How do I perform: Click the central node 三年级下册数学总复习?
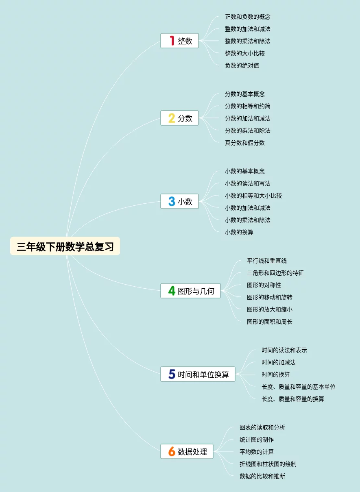(x=65, y=246)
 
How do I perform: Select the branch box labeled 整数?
(x=179, y=41)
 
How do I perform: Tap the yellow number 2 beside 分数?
(x=172, y=118)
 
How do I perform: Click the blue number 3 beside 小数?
(x=172, y=201)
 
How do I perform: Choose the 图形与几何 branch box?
(x=190, y=291)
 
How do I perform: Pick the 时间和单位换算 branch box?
(x=198, y=374)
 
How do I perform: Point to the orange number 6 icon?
(x=172, y=451)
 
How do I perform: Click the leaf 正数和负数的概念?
(x=247, y=17)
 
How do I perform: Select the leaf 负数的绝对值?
(x=242, y=65)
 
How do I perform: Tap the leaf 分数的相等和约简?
(x=247, y=106)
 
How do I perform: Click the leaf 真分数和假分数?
(x=244, y=143)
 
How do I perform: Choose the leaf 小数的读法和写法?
(x=247, y=183)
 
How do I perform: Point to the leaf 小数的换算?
(x=239, y=232)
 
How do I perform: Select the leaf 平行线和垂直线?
(x=266, y=261)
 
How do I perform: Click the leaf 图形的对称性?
(x=264, y=285)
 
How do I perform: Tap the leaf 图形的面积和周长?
(x=269, y=322)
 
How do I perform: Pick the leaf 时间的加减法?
(x=278, y=362)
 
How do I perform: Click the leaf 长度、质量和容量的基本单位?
(x=298, y=387)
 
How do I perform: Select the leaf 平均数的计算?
(x=256, y=452)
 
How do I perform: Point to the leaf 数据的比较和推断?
(x=262, y=476)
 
